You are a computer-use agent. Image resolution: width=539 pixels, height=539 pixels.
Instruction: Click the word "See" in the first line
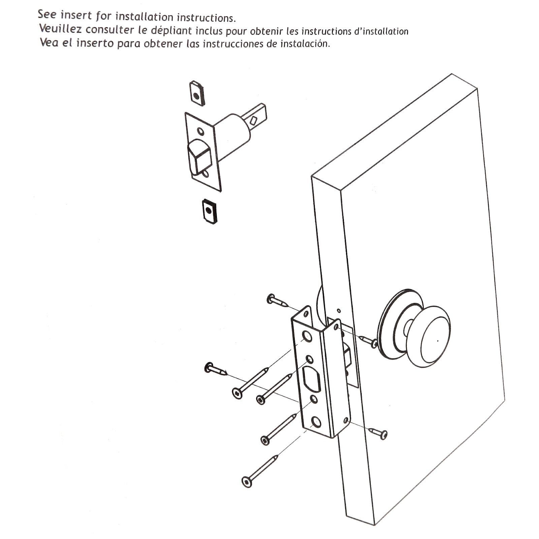click(x=47, y=14)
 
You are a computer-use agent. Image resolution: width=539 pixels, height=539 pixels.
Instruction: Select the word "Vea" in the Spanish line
click(x=49, y=43)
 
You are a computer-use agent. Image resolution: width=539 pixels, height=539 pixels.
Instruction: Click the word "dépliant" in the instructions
click(x=171, y=31)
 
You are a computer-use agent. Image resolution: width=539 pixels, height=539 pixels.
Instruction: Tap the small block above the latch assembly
click(x=197, y=93)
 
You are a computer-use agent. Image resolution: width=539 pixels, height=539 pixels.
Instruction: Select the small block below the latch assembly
click(x=209, y=212)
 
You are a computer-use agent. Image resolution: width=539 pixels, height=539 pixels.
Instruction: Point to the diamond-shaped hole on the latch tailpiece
click(x=253, y=120)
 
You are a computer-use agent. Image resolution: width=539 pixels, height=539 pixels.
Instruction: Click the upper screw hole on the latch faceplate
click(x=200, y=131)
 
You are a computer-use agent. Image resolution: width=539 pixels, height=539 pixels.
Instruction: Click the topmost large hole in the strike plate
click(x=307, y=336)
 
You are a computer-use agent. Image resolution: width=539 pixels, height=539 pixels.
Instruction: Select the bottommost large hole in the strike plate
click(x=316, y=422)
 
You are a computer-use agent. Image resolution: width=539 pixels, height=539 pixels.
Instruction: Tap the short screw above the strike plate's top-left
click(x=278, y=300)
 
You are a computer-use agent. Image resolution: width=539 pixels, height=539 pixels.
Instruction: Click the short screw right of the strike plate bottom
click(x=378, y=433)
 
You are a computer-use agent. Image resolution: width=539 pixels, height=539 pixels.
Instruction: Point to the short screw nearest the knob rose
click(x=368, y=341)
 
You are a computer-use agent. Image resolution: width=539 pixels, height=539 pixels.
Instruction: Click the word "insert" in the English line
click(x=76, y=15)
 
